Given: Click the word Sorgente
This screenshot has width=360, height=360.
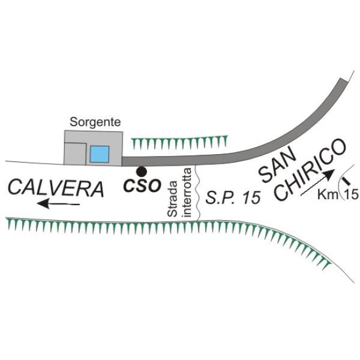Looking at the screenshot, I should tap(95, 122).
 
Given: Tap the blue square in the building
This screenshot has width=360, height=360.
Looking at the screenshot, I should tap(99, 154).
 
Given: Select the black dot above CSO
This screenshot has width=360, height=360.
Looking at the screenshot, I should tap(140, 171).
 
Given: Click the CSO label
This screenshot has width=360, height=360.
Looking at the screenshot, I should tap(142, 186).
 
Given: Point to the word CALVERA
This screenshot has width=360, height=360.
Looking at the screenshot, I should tap(56, 188).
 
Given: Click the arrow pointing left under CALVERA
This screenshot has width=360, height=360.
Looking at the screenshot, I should tap(58, 205).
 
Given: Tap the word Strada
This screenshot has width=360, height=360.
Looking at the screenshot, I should tap(173, 199).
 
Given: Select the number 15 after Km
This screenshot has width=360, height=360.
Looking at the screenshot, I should tap(351, 194).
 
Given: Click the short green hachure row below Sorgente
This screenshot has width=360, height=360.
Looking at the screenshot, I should tap(180, 142).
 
